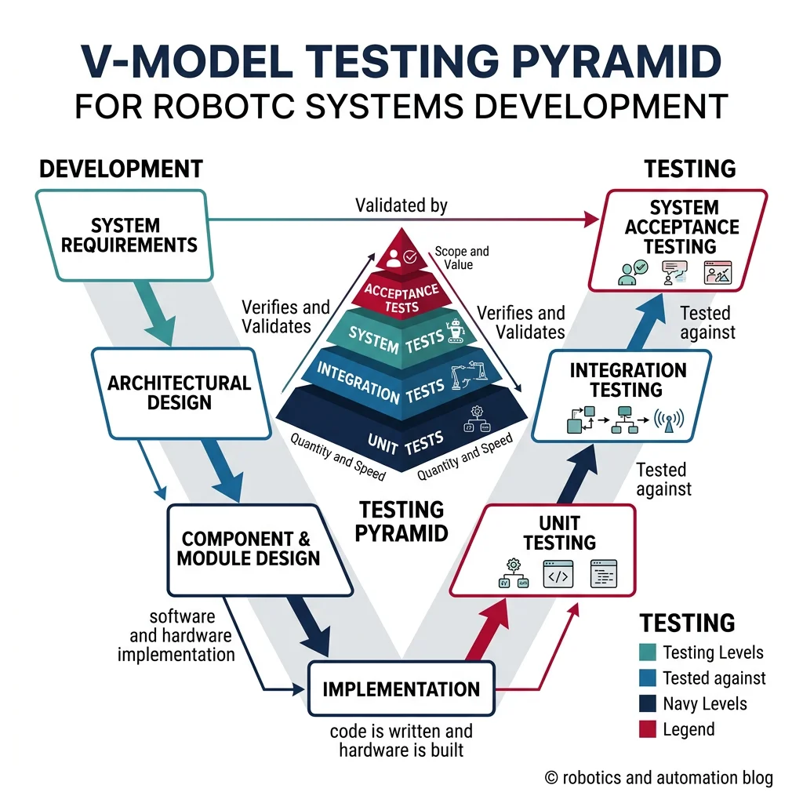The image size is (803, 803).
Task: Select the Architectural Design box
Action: [x=179, y=393]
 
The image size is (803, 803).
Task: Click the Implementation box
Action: [x=401, y=689]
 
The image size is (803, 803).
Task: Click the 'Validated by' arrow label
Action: [x=401, y=206]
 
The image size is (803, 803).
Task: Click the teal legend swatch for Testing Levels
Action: [x=648, y=652]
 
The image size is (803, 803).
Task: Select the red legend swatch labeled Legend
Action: [x=648, y=729]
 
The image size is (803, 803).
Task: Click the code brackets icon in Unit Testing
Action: [x=557, y=574]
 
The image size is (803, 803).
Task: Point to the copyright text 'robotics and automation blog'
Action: [x=659, y=777]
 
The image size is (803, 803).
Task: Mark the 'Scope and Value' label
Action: [x=461, y=258]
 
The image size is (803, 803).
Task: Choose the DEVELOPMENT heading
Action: [x=121, y=169]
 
